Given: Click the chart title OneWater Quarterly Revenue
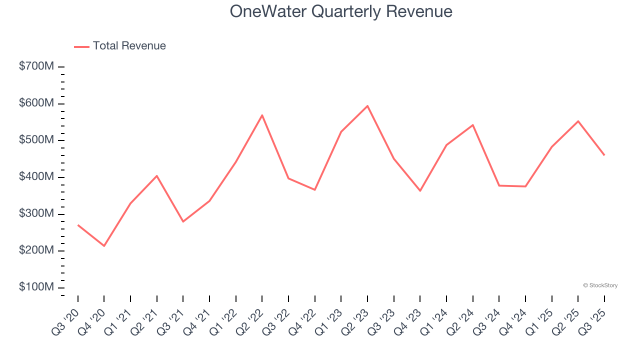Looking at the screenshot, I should pos(341,11).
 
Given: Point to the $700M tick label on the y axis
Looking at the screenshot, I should pos(36,66).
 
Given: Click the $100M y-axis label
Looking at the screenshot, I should pos(36,287).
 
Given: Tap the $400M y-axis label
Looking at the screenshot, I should pos(36,177).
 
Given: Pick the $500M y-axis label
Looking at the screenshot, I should pos(36,140).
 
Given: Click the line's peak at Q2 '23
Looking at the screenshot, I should pos(367,106).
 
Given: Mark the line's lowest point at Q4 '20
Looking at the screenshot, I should pos(104,246).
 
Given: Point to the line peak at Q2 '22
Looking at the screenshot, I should pos(262,115).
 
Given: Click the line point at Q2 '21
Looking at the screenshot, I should pos(157,176).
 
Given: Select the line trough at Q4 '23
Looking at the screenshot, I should pos(420,191).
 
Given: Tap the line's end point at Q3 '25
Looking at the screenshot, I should pos(604,155).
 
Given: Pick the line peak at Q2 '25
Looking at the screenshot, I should pos(578,121).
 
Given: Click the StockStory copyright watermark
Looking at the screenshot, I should pos(600,285).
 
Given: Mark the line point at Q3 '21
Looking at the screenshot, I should pos(183,221).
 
